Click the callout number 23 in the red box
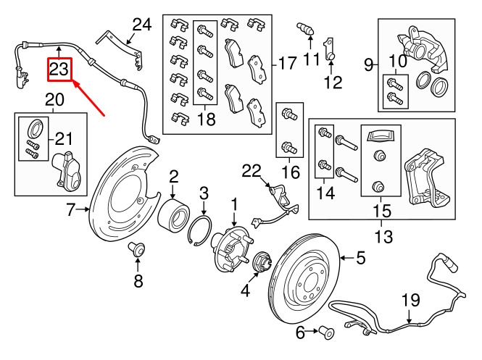[59, 69]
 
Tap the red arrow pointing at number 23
[88, 99]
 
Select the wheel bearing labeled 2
[173, 214]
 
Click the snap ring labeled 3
[199, 231]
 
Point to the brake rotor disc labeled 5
[304, 278]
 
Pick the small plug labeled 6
[327, 332]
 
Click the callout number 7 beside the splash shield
[71, 209]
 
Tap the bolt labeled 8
[137, 248]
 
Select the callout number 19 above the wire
[411, 300]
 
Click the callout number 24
[142, 25]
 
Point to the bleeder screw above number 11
[305, 28]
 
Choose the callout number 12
[333, 83]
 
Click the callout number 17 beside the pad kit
[288, 63]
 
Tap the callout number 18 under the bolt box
[207, 119]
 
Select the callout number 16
[291, 172]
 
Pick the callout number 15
[382, 211]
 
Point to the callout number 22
[251, 171]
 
